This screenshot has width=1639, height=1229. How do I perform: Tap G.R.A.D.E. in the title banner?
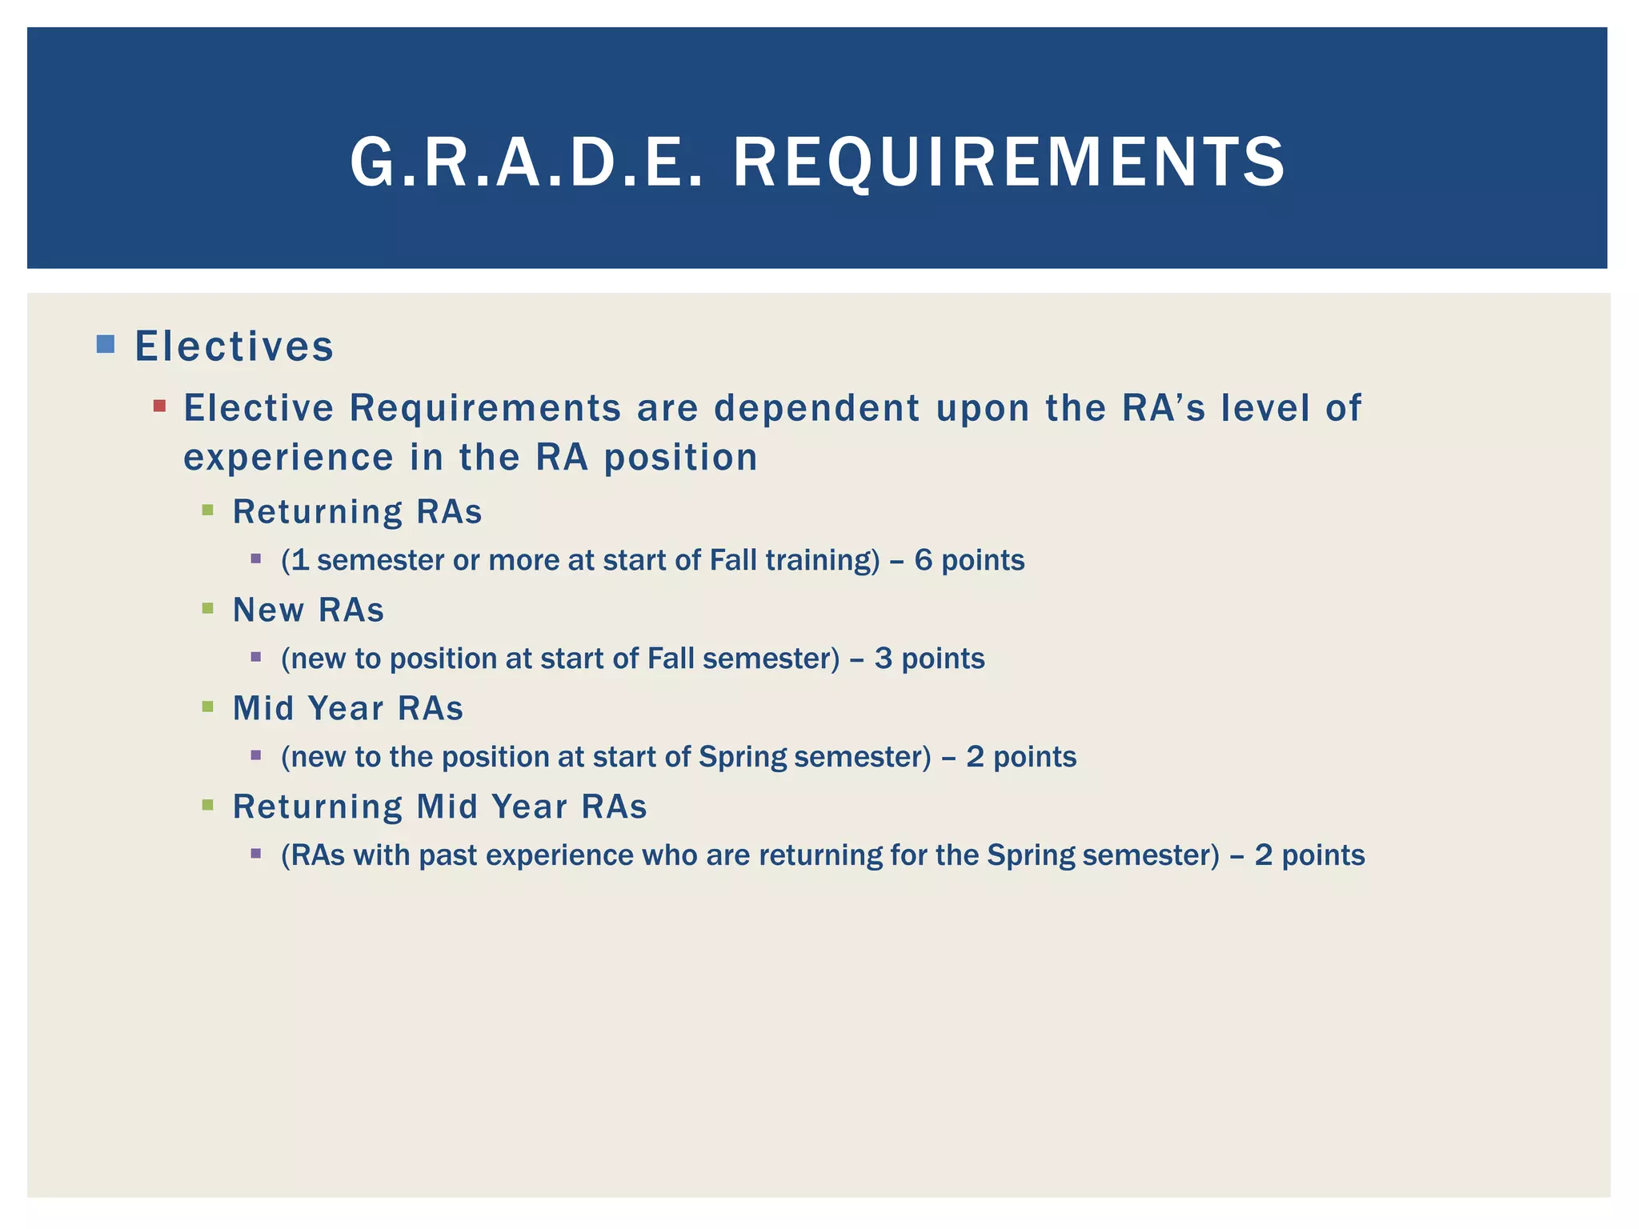[x=527, y=162]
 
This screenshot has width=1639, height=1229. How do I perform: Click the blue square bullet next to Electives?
[x=105, y=345]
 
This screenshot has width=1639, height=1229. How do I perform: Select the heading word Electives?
[x=234, y=346]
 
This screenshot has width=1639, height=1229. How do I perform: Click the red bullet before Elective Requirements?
[x=159, y=406]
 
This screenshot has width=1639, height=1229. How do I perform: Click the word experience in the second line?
[x=288, y=458]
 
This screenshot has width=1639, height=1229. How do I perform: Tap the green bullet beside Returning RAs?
[x=208, y=510]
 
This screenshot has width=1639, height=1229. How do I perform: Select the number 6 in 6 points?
[x=923, y=560]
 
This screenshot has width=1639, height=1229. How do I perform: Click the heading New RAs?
[x=308, y=610]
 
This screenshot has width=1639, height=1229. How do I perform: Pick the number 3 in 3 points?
[x=883, y=659]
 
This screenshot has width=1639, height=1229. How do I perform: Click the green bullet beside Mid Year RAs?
[x=208, y=707]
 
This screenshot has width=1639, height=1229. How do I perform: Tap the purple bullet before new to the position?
[x=256, y=755]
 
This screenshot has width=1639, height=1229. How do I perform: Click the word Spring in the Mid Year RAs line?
[x=742, y=757]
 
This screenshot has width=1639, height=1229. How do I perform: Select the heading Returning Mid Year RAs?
[x=439, y=807]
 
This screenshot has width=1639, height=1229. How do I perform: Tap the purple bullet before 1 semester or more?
[x=256, y=558]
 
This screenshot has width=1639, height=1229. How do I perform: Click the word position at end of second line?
[x=680, y=458]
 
